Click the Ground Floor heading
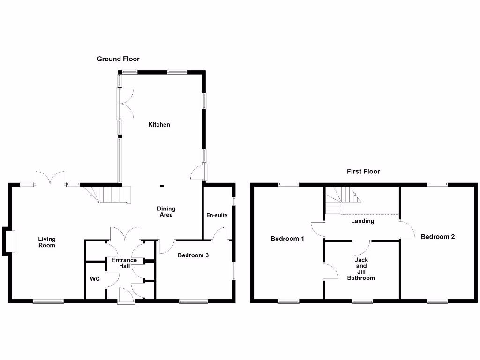[118, 59]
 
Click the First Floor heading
[363, 172]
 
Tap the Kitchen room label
[159, 125]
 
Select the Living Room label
[47, 242]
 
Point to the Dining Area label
[166, 212]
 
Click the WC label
[95, 279]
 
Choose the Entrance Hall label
[124, 263]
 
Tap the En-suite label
[217, 216]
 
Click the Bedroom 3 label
[193, 255]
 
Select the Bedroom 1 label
[287, 239]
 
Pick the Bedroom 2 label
[437, 237]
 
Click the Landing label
[362, 221]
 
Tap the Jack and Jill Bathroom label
[361, 269]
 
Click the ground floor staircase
[112, 194]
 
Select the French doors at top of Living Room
[50, 178]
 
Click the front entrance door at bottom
[126, 297]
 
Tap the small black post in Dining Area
[162, 186]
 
